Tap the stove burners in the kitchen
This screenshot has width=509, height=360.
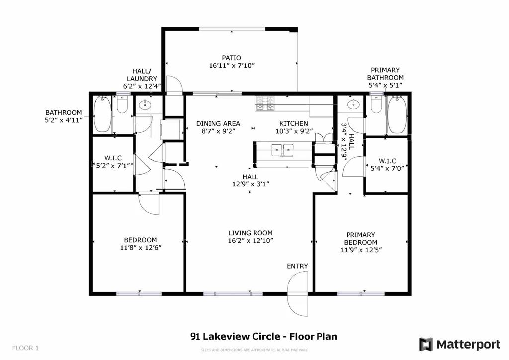point(265,103)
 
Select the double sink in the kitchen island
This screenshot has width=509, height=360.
point(282,149)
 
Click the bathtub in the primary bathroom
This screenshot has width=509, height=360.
point(397,115)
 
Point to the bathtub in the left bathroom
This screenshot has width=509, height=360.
point(102,115)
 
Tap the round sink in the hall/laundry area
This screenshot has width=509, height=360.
point(146,105)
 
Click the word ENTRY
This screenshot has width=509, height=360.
point(297,266)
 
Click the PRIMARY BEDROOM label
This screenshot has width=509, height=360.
point(361,238)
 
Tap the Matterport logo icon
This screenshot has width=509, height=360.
point(426,344)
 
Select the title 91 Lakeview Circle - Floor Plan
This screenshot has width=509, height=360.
point(263,336)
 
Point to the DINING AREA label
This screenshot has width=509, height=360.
point(218,123)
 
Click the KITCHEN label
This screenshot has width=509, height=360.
point(293,123)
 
